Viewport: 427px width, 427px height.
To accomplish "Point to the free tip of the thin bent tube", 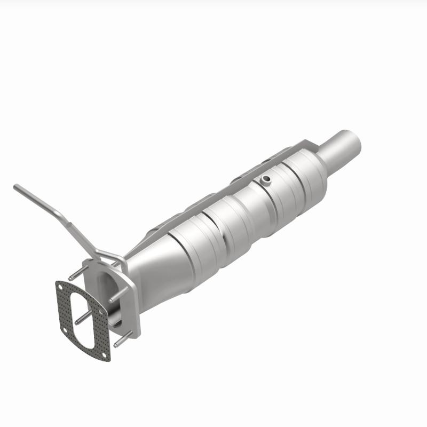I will tap(16, 187).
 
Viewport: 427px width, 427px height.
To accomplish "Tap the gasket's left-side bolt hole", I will tap(63, 331).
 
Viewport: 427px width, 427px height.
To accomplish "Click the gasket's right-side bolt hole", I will tap(102, 310).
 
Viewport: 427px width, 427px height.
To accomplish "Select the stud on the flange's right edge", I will tap(118, 296).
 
